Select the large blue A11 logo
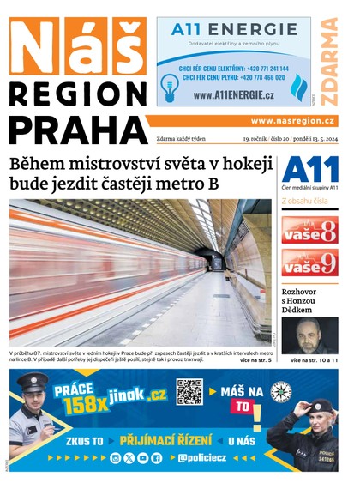click(309, 170)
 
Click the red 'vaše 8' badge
click(309, 230)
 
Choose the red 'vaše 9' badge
click(309, 262)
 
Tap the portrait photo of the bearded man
click(309, 335)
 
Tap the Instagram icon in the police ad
click(116, 458)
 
